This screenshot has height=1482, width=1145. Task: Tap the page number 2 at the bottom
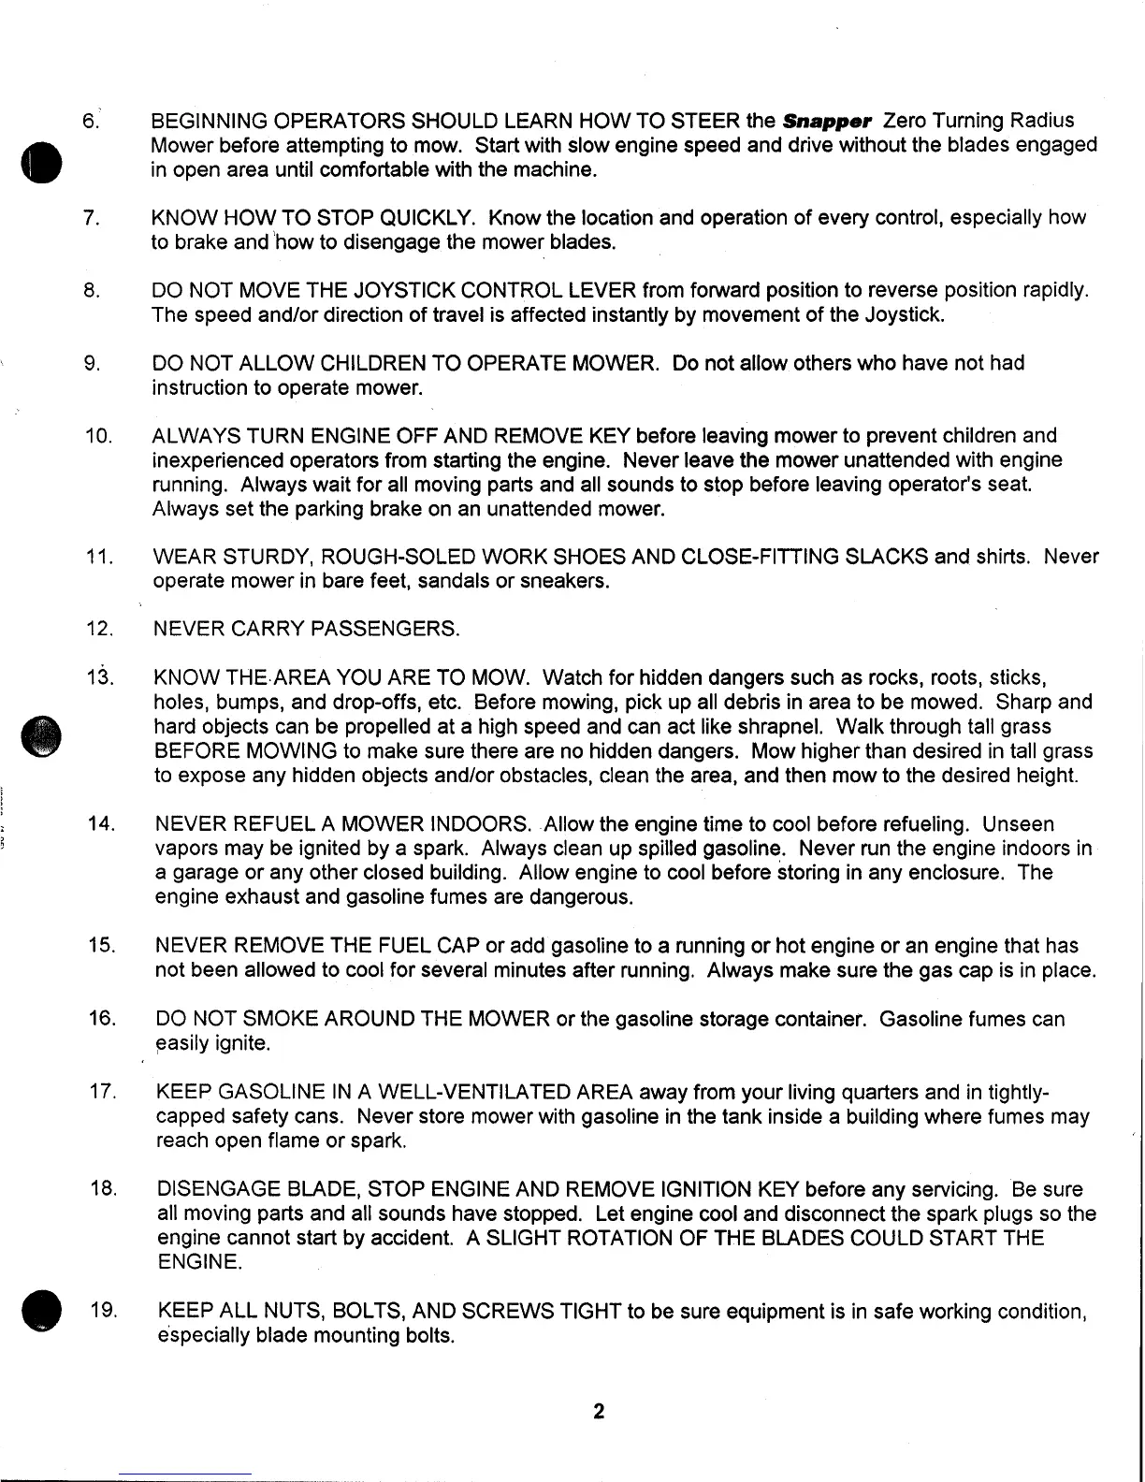point(598,1411)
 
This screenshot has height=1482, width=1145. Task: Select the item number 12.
point(99,630)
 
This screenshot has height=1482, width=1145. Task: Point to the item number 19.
point(102,1311)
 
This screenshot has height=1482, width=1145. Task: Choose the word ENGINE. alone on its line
point(197,1262)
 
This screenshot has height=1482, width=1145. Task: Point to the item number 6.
point(91,122)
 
